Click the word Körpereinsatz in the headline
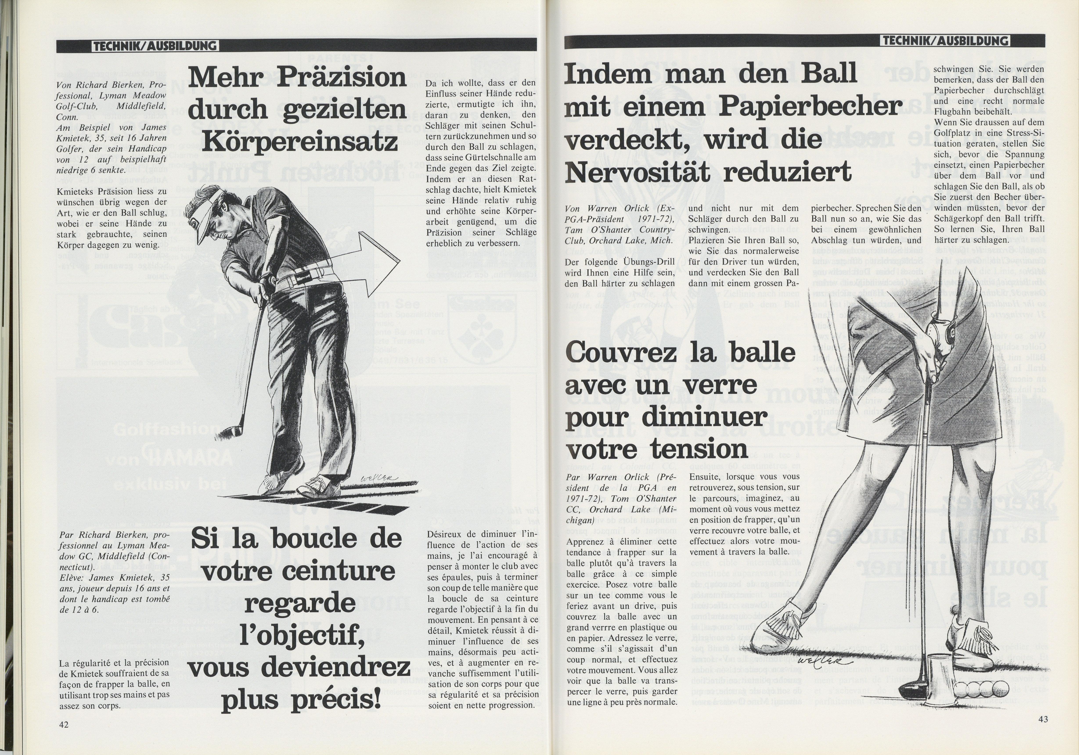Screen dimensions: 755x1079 (299, 142)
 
